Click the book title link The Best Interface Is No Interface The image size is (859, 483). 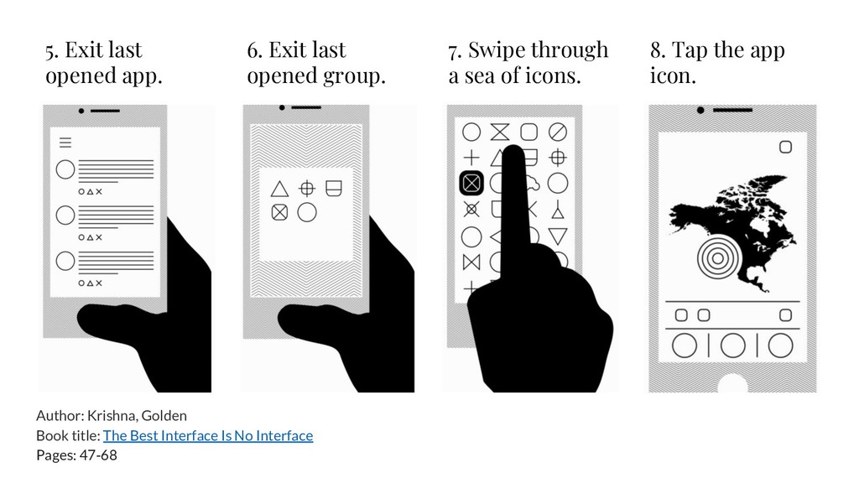[x=208, y=435]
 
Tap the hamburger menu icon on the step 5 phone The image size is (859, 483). [x=65, y=143]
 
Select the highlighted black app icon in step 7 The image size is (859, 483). [x=471, y=183]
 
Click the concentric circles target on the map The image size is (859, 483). [x=717, y=257]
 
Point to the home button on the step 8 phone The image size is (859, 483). [x=732, y=383]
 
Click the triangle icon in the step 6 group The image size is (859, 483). [x=279, y=189]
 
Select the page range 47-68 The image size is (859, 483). [x=98, y=455]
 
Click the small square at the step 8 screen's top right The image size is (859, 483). [x=785, y=147]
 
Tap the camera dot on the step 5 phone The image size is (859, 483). [x=81, y=112]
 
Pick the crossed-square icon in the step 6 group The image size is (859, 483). [x=279, y=212]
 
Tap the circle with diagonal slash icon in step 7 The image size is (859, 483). [x=558, y=132]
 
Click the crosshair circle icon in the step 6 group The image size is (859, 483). [x=307, y=189]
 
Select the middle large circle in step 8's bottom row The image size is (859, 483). [x=733, y=345]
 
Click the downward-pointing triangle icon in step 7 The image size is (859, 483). [x=558, y=236]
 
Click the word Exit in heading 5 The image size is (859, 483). [x=83, y=49]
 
